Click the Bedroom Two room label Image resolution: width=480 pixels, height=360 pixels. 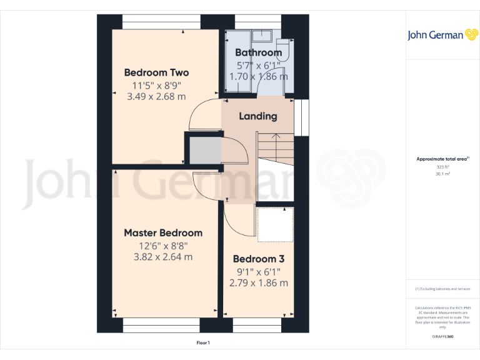pos(156,72)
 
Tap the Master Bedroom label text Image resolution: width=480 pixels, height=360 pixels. pos(163,232)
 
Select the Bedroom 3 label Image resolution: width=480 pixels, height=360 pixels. pos(259,259)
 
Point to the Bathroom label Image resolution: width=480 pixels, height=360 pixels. pos(258,52)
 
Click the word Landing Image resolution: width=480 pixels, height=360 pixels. pos(258,116)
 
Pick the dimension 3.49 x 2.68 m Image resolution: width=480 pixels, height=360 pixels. pos(156,96)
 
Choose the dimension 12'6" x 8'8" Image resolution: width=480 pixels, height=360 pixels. pos(163,245)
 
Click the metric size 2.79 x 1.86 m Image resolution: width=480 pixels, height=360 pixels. pos(259,282)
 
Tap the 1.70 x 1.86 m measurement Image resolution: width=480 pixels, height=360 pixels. pos(258,76)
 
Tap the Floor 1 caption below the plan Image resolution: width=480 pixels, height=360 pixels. pos(203,342)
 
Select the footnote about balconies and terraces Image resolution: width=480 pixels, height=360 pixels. pos(442,289)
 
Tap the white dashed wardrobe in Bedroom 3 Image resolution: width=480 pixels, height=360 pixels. pos(274,225)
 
